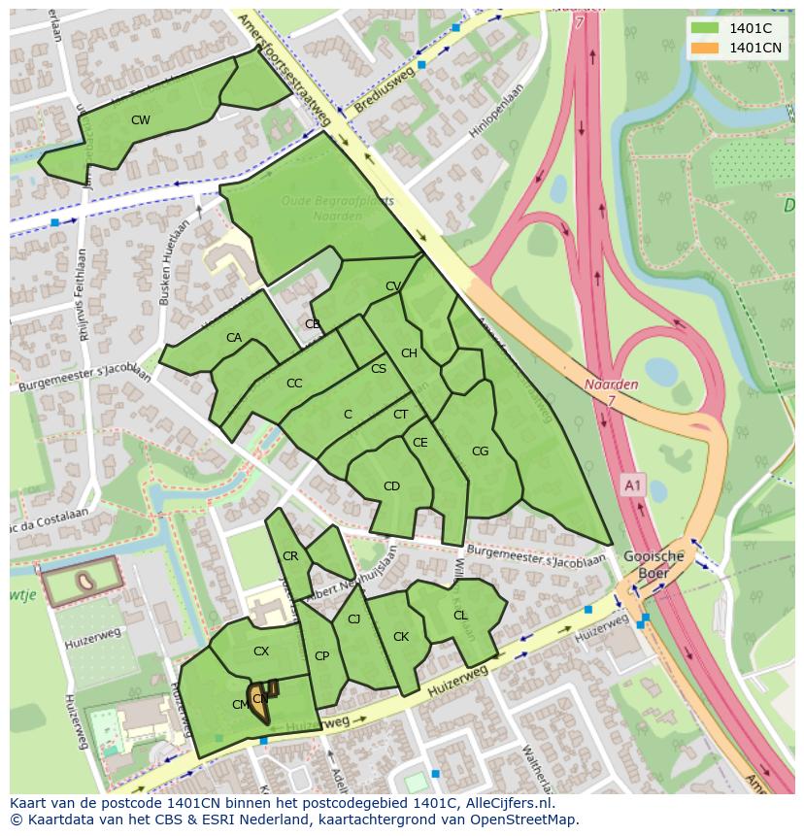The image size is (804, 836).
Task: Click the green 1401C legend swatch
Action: pyautogui.click(x=705, y=27)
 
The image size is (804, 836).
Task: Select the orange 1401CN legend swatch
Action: pyautogui.click(x=705, y=48)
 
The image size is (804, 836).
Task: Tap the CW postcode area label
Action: pyautogui.click(x=141, y=120)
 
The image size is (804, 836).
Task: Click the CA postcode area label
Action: pyautogui.click(x=234, y=338)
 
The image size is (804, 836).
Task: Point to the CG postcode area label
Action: pyautogui.click(x=480, y=451)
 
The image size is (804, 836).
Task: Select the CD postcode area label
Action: pyautogui.click(x=391, y=486)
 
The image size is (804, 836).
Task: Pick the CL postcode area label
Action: pyautogui.click(x=460, y=615)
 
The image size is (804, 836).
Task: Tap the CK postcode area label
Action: pyautogui.click(x=401, y=637)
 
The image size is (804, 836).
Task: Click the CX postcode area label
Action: pyautogui.click(x=260, y=652)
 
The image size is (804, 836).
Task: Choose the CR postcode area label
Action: pyautogui.click(x=290, y=556)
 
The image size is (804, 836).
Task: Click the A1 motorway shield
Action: pyautogui.click(x=633, y=485)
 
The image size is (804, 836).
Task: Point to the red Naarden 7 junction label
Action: pyautogui.click(x=611, y=392)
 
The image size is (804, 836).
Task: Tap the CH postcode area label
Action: pyautogui.click(x=409, y=353)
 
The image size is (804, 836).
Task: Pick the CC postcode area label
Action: pyautogui.click(x=294, y=384)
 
